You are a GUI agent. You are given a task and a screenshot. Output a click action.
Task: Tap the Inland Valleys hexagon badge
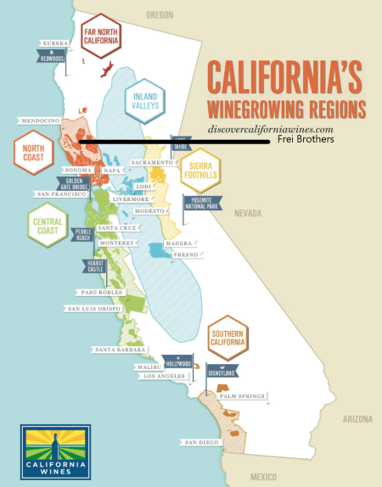(x=143, y=104)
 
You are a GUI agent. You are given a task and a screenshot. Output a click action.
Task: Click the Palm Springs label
(x=240, y=395)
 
